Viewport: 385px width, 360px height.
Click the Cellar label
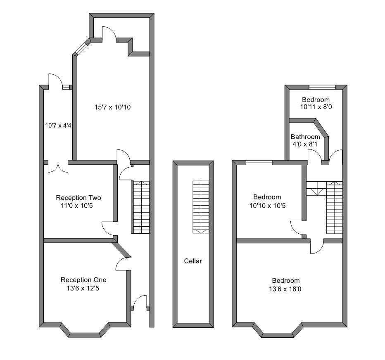[x=193, y=261]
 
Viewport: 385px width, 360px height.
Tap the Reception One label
[x=83, y=280]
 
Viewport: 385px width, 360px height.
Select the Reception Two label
[x=78, y=198]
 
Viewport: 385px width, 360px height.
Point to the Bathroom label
[x=305, y=137]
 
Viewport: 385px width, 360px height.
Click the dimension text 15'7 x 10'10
[x=112, y=107]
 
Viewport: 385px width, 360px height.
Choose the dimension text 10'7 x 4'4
[x=58, y=126]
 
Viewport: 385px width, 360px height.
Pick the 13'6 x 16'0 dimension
[x=285, y=289]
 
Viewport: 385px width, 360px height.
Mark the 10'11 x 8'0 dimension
[x=316, y=107]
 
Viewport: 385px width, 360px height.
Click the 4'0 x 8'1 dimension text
[x=305, y=144]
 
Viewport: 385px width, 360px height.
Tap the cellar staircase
[x=201, y=207]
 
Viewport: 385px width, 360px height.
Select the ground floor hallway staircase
[x=141, y=207]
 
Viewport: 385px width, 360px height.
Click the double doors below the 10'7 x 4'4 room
[x=58, y=167]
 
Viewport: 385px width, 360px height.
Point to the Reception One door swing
[x=122, y=264]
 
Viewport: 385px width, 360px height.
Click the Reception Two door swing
[x=108, y=228]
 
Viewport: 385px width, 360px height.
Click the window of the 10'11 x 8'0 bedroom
[x=322, y=87]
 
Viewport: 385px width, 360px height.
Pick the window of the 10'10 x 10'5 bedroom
[x=259, y=162]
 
